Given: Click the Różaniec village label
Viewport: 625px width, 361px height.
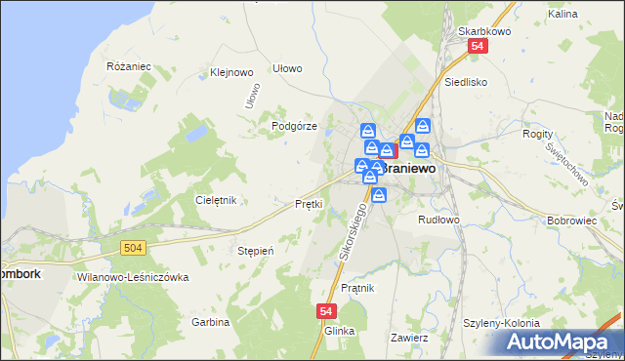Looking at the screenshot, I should point(127,66).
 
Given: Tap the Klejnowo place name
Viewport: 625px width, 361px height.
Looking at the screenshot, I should point(231,72).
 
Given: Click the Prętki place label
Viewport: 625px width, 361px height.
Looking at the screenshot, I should point(309,204).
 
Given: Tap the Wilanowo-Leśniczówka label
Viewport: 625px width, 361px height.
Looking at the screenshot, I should point(132,277).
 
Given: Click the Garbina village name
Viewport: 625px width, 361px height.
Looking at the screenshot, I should point(210,322).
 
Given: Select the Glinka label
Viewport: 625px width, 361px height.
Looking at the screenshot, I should point(339,331).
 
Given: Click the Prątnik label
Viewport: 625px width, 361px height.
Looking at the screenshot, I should point(359,288).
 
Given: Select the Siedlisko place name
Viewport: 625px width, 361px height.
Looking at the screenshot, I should point(465,83).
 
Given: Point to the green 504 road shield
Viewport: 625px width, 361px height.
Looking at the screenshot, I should point(135,249).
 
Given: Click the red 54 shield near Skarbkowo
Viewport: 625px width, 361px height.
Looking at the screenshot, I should point(477,47).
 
